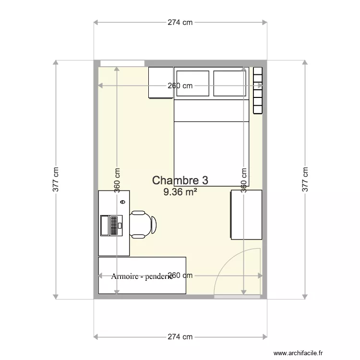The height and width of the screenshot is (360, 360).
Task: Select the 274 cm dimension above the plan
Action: click(x=180, y=22)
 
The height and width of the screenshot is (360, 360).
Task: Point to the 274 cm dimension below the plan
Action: click(x=180, y=336)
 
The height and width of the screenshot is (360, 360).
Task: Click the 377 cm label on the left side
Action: click(x=56, y=180)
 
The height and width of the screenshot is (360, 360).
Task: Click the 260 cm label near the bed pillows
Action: click(x=180, y=86)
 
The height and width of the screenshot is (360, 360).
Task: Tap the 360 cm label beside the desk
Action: click(x=117, y=180)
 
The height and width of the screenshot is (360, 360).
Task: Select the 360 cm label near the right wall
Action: click(x=244, y=180)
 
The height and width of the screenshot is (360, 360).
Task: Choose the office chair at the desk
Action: click(x=144, y=224)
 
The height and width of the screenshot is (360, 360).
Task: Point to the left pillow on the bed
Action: click(x=192, y=84)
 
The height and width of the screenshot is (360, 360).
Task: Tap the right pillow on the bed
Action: click(x=229, y=84)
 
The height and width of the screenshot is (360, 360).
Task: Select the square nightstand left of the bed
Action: click(x=160, y=83)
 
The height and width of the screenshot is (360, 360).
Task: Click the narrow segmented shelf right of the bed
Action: click(x=258, y=90)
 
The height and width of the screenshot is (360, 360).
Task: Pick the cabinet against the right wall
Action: click(x=246, y=215)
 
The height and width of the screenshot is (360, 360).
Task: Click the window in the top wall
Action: click(x=122, y=63)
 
